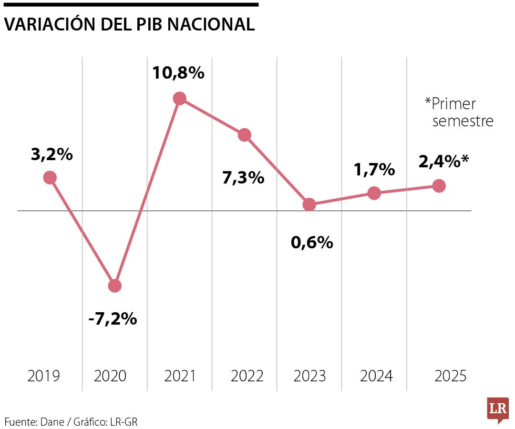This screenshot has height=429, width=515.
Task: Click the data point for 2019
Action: click(50, 178)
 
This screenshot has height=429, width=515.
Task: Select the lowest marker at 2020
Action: click(114, 286)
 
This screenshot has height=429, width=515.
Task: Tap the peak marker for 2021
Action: click(179, 99)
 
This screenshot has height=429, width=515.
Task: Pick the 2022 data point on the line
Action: click(245, 135)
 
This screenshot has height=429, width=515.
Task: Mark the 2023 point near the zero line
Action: click(309, 205)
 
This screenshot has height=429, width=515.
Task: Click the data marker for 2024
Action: click(374, 193)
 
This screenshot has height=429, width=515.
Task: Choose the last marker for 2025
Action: click(439, 186)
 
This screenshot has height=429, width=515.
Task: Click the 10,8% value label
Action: click(178, 73)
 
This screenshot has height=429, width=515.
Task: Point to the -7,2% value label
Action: click(113, 319)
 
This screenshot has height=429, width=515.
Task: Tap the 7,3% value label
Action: click(243, 178)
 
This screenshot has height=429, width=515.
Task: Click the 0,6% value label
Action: click(312, 243)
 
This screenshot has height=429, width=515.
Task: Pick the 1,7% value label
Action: click(374, 169)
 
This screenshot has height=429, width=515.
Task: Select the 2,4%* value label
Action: click(443, 162)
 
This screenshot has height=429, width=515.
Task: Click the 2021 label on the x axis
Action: click(180, 376)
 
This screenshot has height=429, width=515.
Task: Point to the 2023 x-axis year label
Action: click(309, 376)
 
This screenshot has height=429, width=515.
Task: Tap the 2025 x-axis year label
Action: click(451, 376)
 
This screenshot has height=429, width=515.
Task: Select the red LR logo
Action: click(498, 409)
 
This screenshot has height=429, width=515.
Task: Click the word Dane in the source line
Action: click(52, 421)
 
